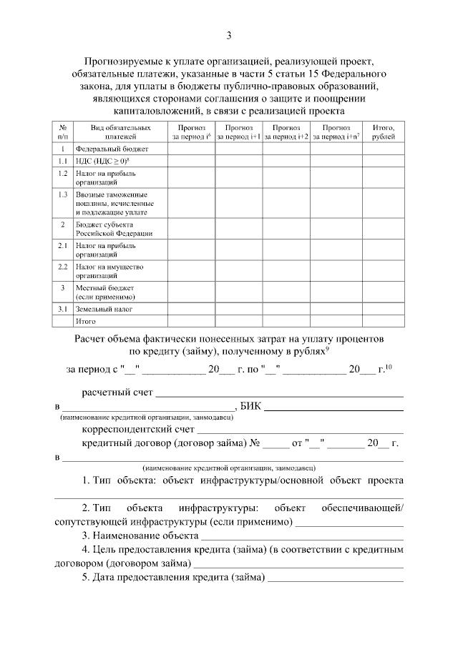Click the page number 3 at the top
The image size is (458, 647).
click(x=229, y=36)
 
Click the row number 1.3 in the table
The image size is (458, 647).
click(x=63, y=194)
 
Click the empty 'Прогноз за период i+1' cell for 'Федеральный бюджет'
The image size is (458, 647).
click(x=239, y=149)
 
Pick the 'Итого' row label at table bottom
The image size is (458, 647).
click(x=86, y=322)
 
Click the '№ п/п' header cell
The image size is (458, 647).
click(x=63, y=132)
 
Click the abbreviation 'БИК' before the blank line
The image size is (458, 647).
click(x=251, y=406)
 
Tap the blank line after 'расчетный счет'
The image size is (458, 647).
click(x=279, y=394)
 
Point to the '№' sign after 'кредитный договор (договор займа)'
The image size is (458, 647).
click(x=254, y=443)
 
